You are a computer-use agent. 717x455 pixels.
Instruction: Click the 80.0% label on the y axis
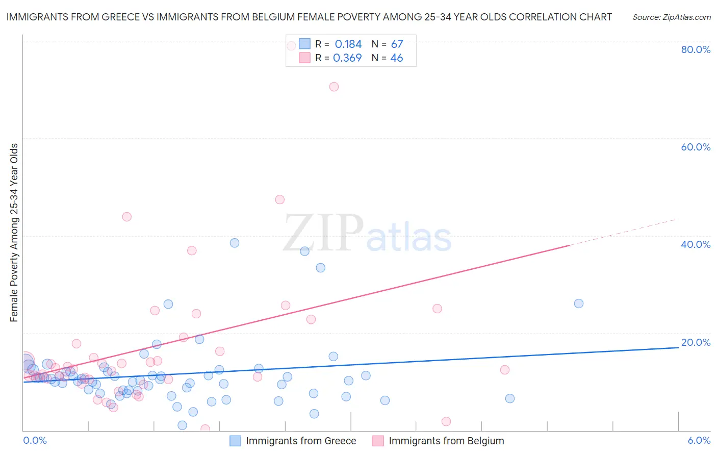tap(696, 49)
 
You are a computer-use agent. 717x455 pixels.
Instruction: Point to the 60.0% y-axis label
tap(696, 147)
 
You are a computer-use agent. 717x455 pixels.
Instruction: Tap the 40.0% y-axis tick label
tap(696, 244)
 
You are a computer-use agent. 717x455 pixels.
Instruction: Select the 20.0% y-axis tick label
tap(696, 342)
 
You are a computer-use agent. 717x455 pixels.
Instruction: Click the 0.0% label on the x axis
tap(35, 440)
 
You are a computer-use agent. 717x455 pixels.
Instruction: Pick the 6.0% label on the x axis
tap(699, 440)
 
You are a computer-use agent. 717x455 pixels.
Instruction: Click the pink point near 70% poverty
tap(334, 87)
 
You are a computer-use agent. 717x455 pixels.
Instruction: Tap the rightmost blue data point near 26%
tap(579, 304)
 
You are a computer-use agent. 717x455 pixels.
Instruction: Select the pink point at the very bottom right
tap(446, 421)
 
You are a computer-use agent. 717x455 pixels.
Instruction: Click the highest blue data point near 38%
tap(235, 243)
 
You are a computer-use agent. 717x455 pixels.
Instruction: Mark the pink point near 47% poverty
tap(280, 199)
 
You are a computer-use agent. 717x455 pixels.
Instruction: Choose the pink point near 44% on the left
tap(127, 217)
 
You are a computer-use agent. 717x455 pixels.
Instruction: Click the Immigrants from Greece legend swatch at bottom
tap(235, 441)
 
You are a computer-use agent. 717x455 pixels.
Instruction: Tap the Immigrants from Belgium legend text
tap(446, 441)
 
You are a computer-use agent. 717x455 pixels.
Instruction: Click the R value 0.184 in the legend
tap(348, 44)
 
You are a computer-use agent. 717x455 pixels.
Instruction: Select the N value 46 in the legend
tap(396, 58)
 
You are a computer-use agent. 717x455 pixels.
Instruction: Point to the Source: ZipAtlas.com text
tap(671, 17)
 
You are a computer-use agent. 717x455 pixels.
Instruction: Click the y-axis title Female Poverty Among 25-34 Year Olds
tap(14, 233)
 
